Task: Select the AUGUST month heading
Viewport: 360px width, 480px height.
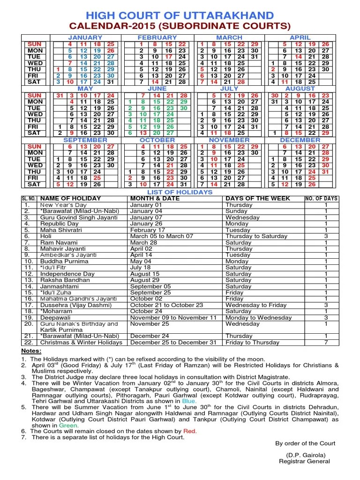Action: [x=300, y=89]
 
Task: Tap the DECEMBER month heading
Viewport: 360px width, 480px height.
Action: [x=300, y=140]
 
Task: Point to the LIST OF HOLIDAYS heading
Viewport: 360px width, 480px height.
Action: [x=180, y=192]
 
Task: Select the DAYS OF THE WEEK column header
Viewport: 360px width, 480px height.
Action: [x=258, y=199]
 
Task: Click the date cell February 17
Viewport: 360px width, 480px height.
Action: [x=148, y=230]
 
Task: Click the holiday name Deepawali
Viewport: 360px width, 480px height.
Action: [x=56, y=317]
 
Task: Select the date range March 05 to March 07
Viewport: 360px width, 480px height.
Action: [x=162, y=236]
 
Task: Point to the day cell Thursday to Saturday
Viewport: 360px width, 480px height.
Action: [x=256, y=236]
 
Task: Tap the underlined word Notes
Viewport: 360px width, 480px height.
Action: [x=31, y=351]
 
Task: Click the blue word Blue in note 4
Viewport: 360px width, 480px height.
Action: [x=189, y=401]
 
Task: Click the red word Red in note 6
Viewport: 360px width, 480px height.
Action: [x=190, y=431]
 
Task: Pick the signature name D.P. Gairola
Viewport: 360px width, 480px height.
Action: [x=305, y=455]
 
